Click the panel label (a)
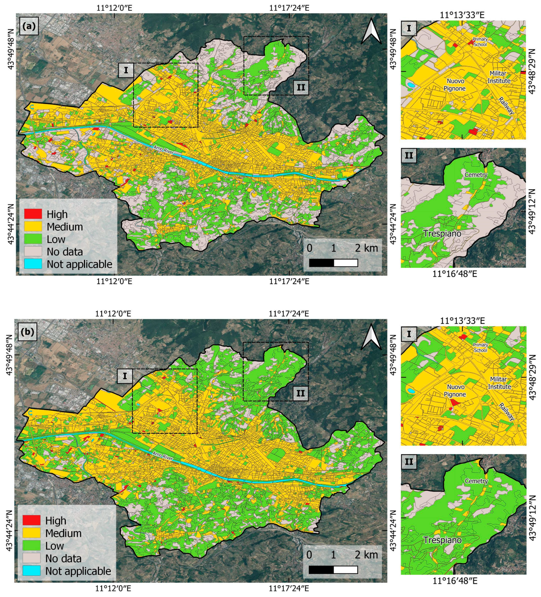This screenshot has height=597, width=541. [x=29, y=26]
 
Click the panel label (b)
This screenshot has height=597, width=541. [x=27, y=332]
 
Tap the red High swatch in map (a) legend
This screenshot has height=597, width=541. [x=33, y=214]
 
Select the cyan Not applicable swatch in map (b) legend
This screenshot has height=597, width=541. [x=32, y=571]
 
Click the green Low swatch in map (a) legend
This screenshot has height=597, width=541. [x=33, y=239]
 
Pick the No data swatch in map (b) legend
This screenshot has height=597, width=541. [x=32, y=558]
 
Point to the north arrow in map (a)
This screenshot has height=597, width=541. [x=371, y=31]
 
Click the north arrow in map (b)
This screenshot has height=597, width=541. [x=371, y=337]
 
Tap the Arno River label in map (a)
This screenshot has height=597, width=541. [x=163, y=150]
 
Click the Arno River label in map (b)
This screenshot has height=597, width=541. [x=163, y=456]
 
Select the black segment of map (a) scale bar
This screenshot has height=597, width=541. [x=321, y=263]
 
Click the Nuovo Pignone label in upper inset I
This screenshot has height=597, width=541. [x=455, y=85]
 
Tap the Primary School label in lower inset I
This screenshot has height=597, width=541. [x=480, y=347]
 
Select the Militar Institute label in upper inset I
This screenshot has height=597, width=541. [x=498, y=77]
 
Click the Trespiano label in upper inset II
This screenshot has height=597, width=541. [x=442, y=234]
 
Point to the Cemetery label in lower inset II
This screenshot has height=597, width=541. [x=476, y=481]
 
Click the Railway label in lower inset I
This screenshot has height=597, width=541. [x=506, y=412]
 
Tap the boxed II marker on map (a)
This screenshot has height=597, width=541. [x=301, y=87]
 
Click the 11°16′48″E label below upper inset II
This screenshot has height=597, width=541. [x=455, y=274]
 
